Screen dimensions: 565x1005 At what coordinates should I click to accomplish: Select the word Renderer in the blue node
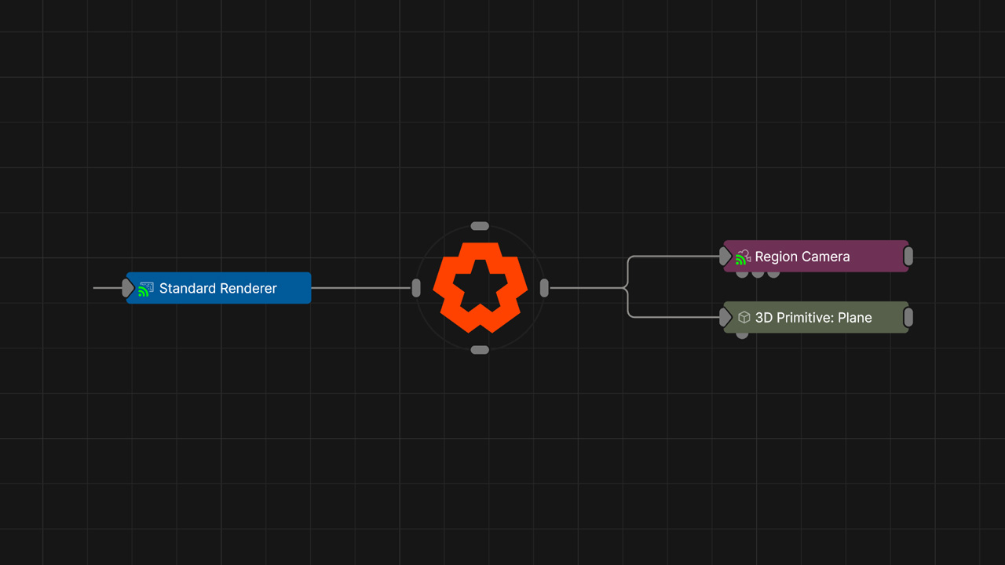(x=248, y=289)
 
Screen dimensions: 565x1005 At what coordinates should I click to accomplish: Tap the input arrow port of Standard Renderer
(x=128, y=288)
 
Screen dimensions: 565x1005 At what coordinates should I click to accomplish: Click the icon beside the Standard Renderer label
(x=145, y=289)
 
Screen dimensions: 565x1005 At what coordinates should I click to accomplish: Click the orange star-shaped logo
(x=480, y=287)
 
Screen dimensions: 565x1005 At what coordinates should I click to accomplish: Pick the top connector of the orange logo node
(x=480, y=226)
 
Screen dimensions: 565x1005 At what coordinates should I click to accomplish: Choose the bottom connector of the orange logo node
(x=480, y=350)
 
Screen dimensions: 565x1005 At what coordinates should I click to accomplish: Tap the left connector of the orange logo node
(x=416, y=288)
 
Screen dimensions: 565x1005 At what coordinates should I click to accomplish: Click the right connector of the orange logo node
(x=544, y=288)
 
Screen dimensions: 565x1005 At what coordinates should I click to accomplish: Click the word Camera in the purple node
(x=825, y=257)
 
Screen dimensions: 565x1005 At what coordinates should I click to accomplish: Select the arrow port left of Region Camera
(x=725, y=256)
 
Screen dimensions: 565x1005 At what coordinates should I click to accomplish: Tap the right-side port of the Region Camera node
(x=908, y=256)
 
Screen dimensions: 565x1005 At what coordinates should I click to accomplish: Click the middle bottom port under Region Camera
(x=758, y=274)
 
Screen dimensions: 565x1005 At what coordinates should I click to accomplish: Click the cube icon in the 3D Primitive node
(x=744, y=318)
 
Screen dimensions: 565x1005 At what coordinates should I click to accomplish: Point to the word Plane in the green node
(x=854, y=318)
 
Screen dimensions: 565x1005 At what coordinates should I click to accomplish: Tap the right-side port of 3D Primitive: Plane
(x=908, y=317)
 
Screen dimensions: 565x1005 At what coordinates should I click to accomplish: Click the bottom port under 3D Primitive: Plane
(x=742, y=335)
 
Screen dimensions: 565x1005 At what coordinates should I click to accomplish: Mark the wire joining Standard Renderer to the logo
(x=361, y=288)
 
